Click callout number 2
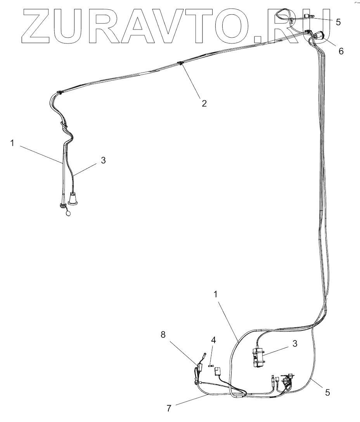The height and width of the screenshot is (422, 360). (204, 103)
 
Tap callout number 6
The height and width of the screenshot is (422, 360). (341, 51)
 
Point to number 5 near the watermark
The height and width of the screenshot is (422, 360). (338, 22)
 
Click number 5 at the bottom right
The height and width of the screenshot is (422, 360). (327, 392)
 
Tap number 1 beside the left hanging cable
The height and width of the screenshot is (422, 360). (12, 143)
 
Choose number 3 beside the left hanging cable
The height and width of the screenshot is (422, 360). (103, 160)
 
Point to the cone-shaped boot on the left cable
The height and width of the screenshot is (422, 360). (73, 199)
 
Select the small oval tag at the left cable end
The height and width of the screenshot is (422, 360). (68, 213)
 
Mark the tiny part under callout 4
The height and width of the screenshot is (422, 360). (211, 365)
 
